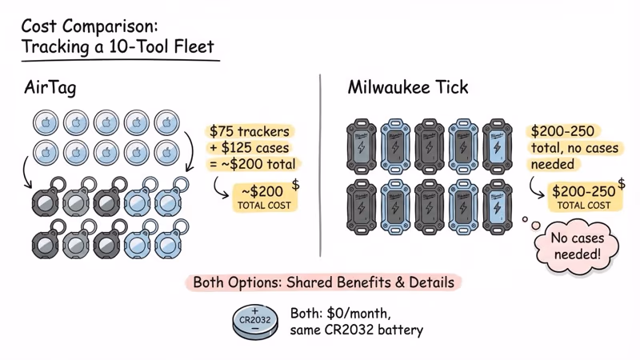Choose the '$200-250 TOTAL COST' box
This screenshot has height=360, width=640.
(x=582, y=197)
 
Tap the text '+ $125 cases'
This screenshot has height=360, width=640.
(x=250, y=147)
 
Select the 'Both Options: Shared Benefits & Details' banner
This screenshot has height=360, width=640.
(x=323, y=282)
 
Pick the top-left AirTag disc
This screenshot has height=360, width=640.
(x=46, y=123)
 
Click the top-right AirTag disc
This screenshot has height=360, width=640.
(x=168, y=123)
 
